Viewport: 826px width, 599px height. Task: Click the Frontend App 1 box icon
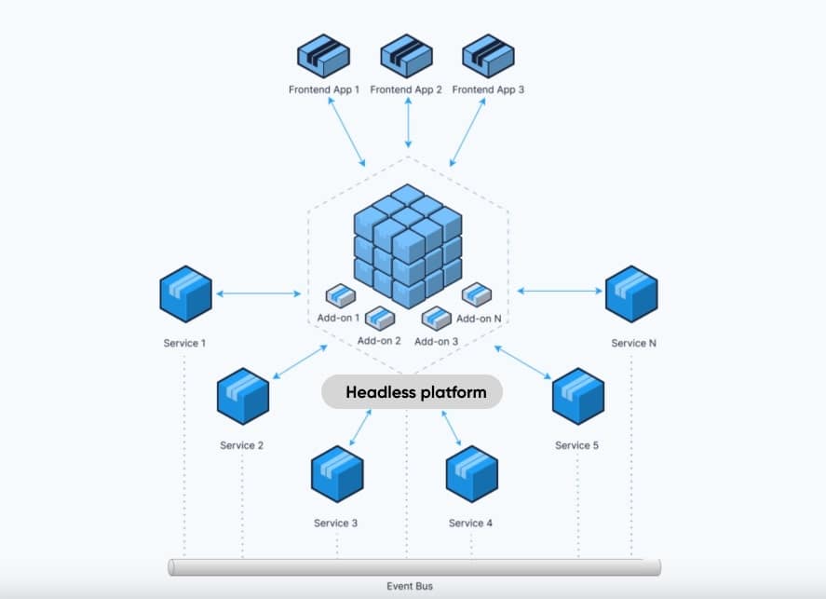(323, 57)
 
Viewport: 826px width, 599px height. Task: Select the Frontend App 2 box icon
(406, 57)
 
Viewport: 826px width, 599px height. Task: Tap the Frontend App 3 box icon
(488, 57)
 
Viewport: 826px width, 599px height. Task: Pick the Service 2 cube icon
(242, 396)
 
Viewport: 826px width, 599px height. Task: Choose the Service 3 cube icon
(336, 473)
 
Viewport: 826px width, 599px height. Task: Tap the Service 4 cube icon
(471, 473)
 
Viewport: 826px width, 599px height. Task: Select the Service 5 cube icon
(577, 396)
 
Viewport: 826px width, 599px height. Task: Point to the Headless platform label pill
(412, 392)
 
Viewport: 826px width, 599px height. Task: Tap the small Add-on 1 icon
(340, 295)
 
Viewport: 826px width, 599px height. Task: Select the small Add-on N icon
(476, 294)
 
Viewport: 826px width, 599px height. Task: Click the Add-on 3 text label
(437, 342)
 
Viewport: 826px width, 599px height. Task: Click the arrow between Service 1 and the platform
(260, 293)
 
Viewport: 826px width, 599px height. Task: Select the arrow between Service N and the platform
(559, 292)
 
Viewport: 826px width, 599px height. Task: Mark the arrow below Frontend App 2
(408, 123)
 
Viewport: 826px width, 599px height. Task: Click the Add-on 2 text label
(379, 341)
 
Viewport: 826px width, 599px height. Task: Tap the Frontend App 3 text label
(488, 90)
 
